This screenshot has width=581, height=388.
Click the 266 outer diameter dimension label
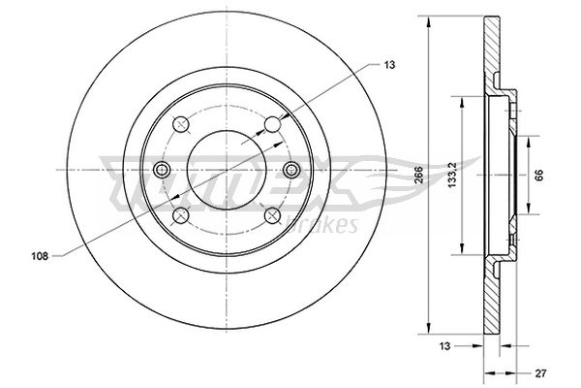click(x=418, y=175)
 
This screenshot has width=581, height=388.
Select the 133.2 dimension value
click(x=451, y=175)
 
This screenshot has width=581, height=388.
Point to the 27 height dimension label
click(x=540, y=373)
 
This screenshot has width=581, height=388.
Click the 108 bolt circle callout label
click(x=40, y=256)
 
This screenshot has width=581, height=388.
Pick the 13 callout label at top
click(x=390, y=65)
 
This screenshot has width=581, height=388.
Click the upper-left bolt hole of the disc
click(x=181, y=123)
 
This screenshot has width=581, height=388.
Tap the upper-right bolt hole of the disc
click(x=272, y=124)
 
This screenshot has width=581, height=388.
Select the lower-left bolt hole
click(x=181, y=215)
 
